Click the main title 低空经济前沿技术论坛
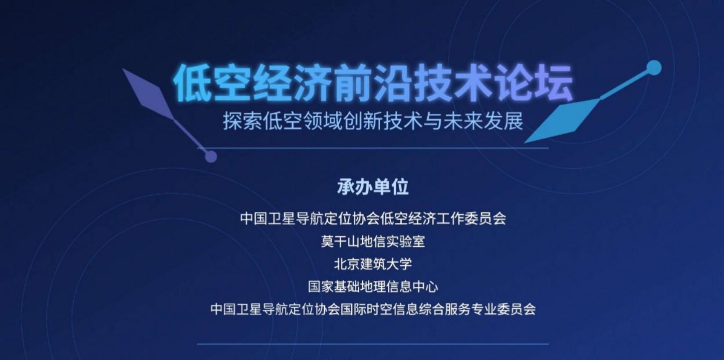point(373,83)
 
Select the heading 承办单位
point(373,187)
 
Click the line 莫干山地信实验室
point(373,242)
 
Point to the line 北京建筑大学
point(373,264)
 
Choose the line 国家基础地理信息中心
point(373,287)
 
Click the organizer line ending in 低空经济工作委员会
point(373,219)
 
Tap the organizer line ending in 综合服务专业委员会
point(373,309)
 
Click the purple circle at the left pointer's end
point(211,157)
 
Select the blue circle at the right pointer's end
point(654,68)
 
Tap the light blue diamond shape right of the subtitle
point(562,120)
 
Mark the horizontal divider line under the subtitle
point(373,148)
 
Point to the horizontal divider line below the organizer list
point(373,344)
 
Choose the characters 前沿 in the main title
point(373,83)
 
